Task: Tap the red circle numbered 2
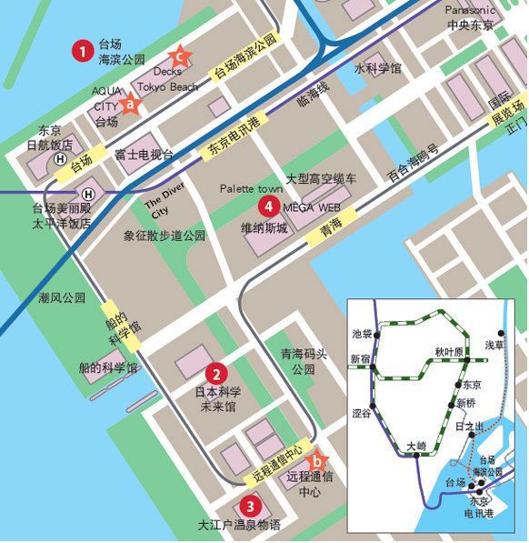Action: [216, 372]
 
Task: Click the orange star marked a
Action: [131, 105]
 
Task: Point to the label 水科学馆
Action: [377, 68]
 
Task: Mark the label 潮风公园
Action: [61, 297]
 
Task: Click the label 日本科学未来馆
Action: [217, 399]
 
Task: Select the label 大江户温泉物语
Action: [239, 525]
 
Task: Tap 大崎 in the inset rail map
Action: [414, 446]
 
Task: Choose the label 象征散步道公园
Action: [165, 235]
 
